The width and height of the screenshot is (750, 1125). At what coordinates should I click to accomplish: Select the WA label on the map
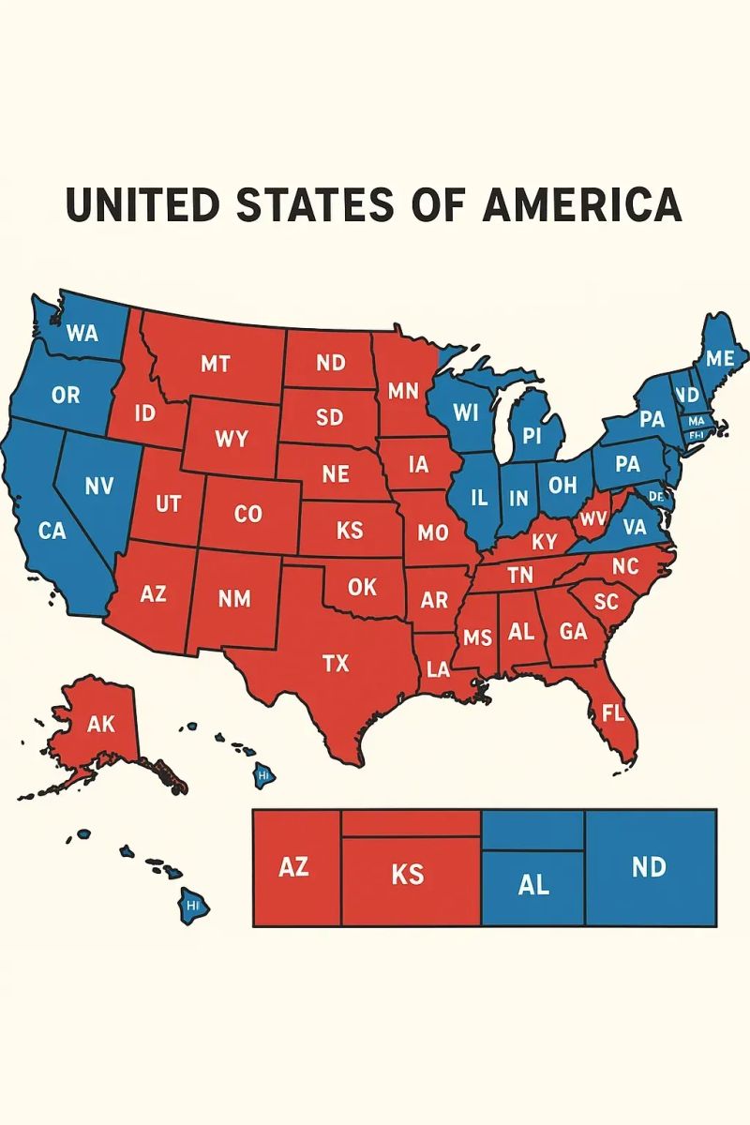point(82,333)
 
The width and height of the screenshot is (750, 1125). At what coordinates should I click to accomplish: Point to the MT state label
point(215,364)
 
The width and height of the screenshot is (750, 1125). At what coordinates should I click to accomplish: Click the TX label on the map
point(335,664)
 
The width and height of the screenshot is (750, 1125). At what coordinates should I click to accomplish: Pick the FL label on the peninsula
point(612,712)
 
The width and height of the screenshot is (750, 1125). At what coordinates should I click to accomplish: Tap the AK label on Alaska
point(100,724)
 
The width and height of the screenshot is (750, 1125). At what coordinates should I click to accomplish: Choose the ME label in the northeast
point(720,358)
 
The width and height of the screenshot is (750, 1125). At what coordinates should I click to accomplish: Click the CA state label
point(52,531)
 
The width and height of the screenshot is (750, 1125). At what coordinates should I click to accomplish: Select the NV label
point(98,486)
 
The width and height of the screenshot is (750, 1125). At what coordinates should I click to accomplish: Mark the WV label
point(593,518)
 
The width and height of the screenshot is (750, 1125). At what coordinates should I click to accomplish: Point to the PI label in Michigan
point(532,436)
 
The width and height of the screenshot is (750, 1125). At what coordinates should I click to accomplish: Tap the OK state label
point(362,587)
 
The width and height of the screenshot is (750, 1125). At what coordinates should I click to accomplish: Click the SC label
point(607,602)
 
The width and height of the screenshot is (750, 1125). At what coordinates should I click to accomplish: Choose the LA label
point(437,669)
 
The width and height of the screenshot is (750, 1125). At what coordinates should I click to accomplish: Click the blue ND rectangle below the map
point(650,867)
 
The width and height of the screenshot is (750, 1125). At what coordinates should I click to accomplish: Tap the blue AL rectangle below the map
point(532,884)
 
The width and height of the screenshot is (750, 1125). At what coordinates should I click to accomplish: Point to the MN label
point(402,391)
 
